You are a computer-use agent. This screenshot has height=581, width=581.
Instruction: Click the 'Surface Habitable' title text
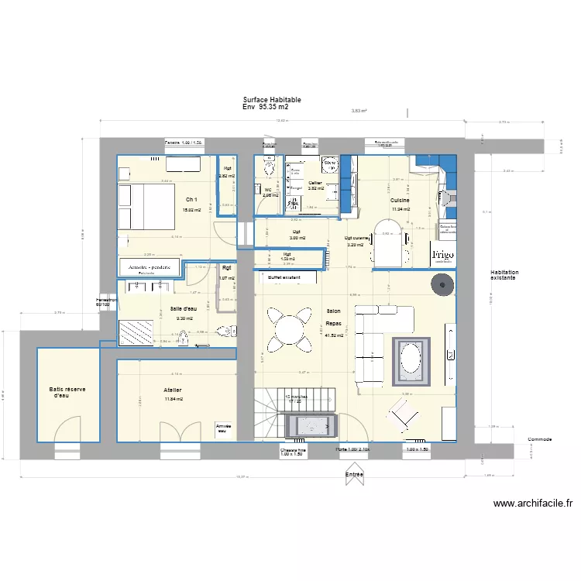tap(272, 101)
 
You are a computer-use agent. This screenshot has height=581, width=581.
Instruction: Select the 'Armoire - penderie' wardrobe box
tap(150, 266)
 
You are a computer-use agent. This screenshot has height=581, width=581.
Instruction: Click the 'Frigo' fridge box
tap(443, 254)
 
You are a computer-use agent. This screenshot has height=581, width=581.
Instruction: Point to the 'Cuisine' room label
tap(400, 200)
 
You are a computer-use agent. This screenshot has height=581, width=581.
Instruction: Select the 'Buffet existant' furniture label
tap(284, 277)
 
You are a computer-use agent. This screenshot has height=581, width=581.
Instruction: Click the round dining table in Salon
tap(287, 328)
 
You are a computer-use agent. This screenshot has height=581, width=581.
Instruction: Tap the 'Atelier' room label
tap(173, 390)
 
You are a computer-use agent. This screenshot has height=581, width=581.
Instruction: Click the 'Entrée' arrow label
tap(355, 473)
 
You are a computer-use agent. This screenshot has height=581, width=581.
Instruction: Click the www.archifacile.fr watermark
tap(533, 504)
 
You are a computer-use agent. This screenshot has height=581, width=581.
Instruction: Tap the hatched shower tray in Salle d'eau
tap(136, 332)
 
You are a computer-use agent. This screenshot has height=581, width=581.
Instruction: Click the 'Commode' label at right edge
tap(539, 439)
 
